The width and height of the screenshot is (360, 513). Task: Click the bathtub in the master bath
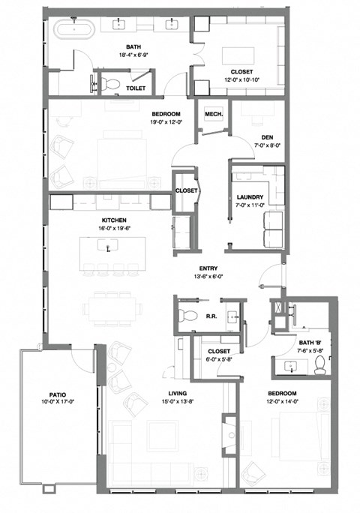point(73,30)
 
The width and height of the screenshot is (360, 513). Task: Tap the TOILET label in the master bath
point(136,88)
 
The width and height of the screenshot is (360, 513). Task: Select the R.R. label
point(211,316)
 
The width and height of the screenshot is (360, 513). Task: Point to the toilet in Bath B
point(320,365)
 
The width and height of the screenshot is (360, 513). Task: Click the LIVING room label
point(178,393)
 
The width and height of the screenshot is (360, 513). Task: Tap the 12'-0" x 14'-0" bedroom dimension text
point(282,403)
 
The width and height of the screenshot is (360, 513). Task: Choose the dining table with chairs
point(114,305)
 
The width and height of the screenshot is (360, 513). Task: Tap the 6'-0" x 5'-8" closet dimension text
point(220,360)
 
